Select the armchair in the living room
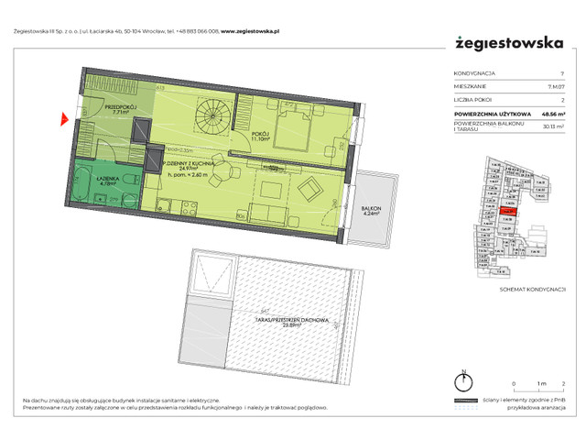click(310, 190)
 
